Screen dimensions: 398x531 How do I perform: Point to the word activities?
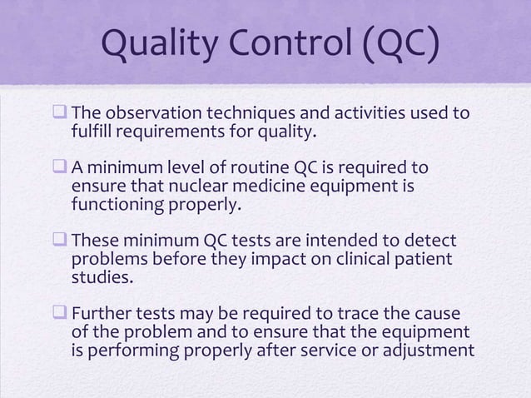[x=367, y=114]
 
